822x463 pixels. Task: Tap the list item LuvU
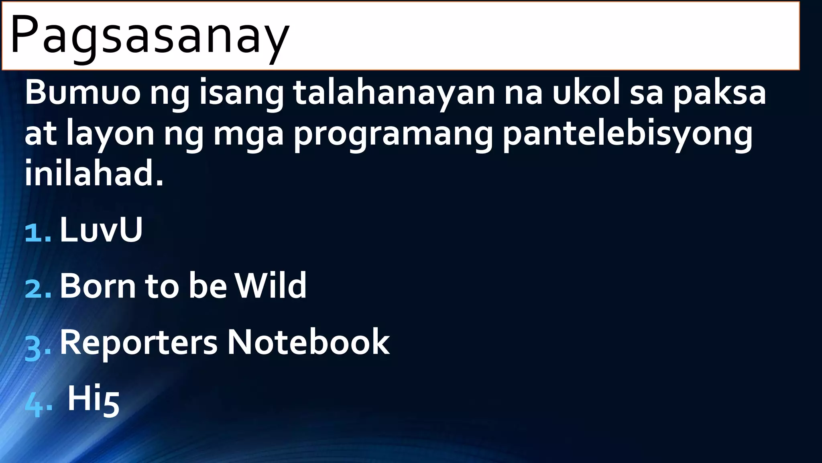101,230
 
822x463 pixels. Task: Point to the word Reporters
138,342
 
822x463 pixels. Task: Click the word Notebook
308,342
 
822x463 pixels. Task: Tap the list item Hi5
93,399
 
